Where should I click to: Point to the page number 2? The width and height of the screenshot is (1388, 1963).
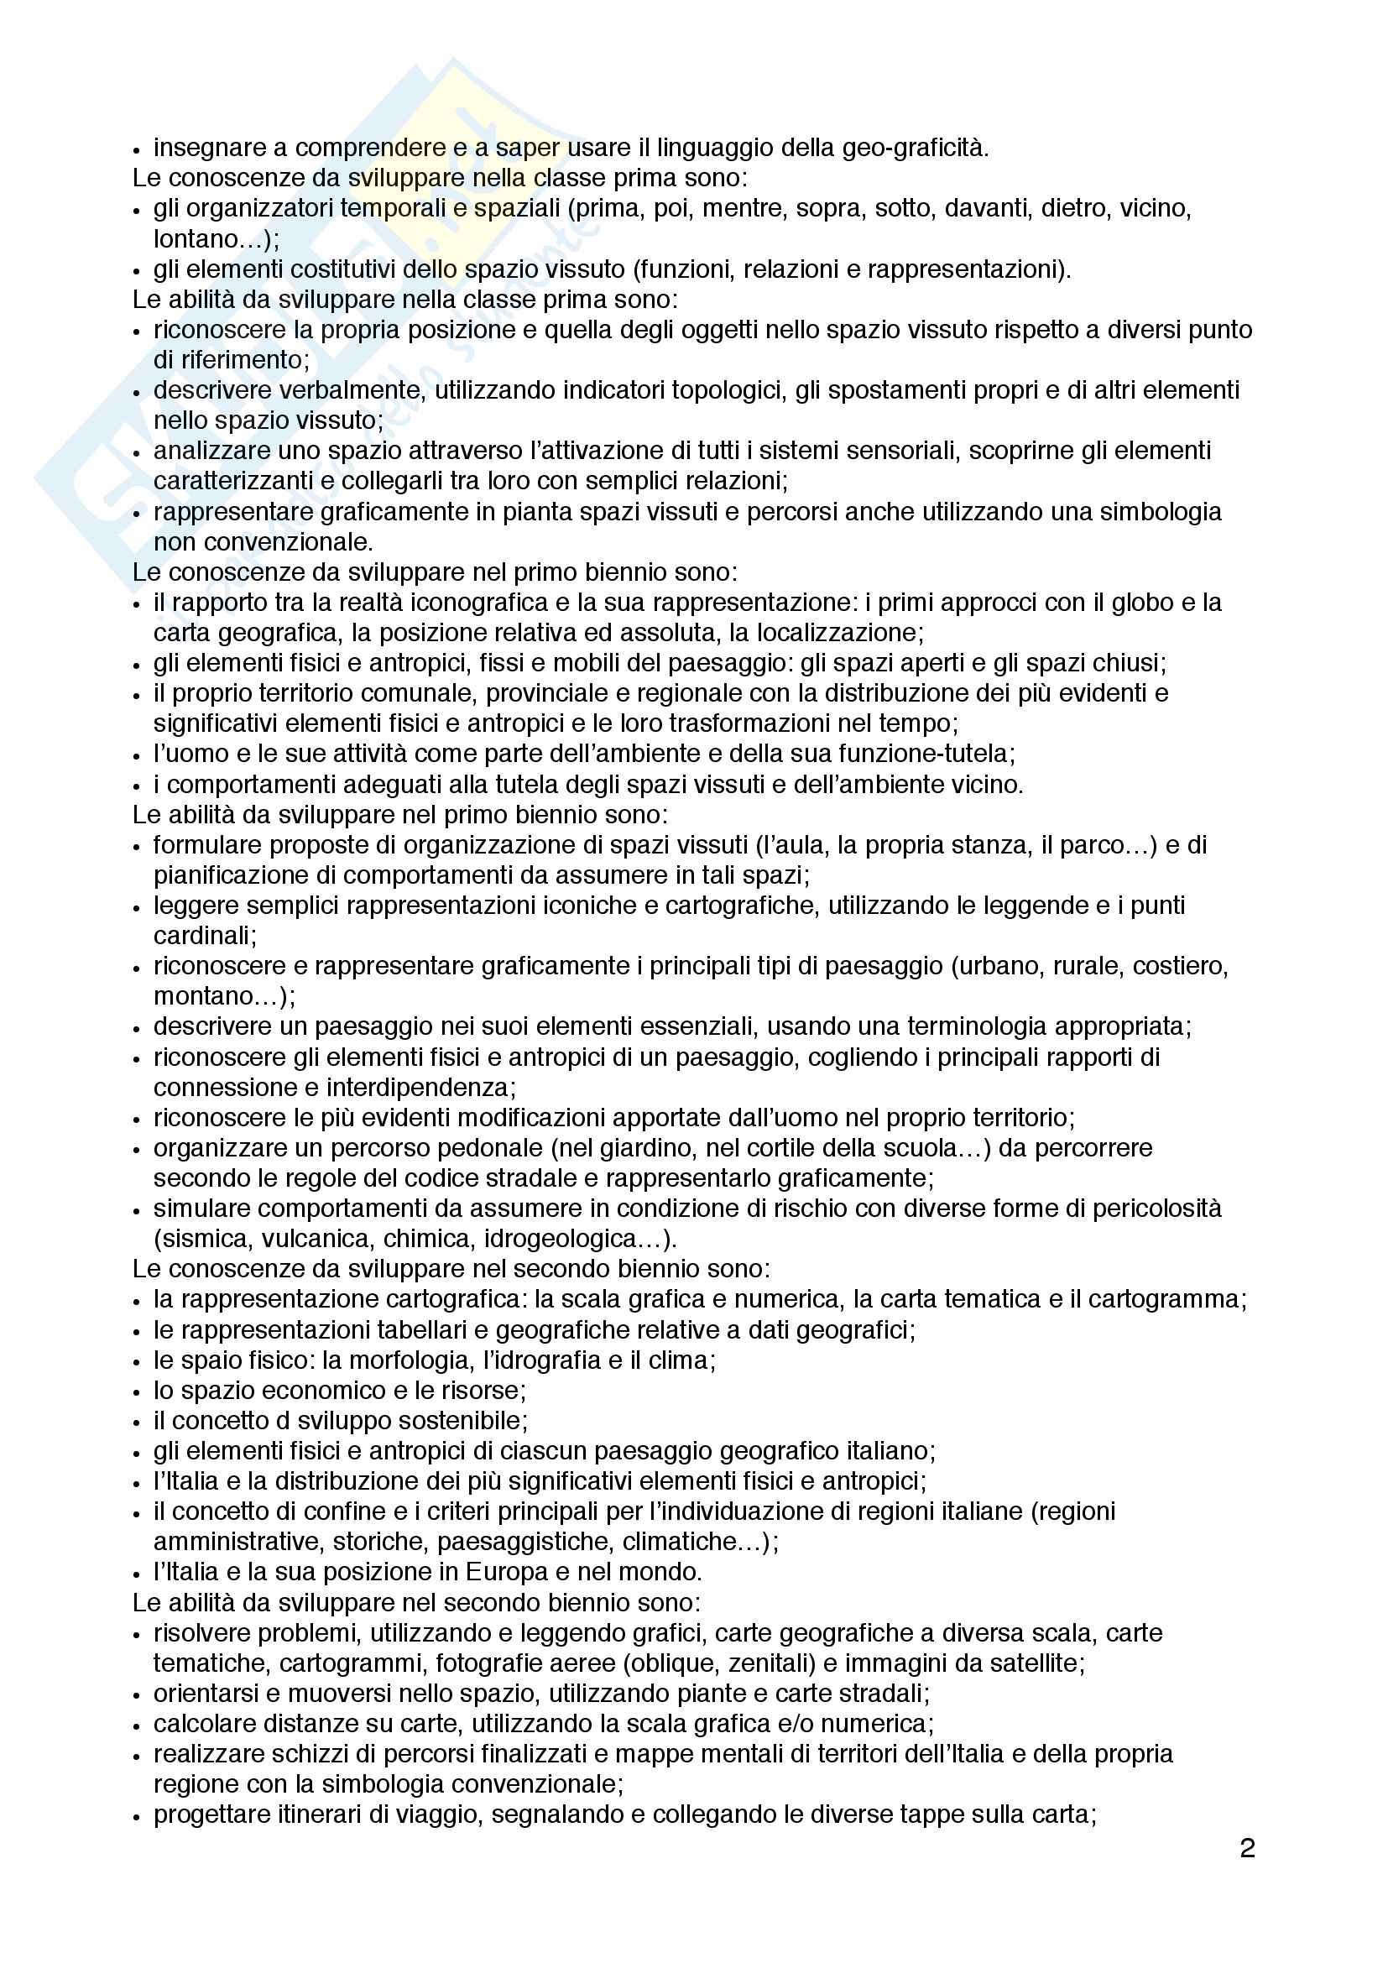point(1247,1848)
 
